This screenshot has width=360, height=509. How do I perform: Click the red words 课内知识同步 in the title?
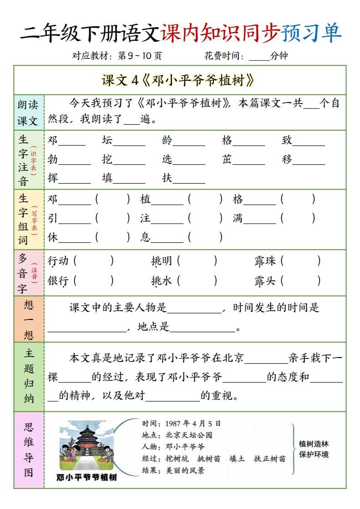coord(220,33)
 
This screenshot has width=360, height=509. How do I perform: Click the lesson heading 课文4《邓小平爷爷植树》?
coord(178,80)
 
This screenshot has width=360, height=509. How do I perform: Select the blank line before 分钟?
coord(259,56)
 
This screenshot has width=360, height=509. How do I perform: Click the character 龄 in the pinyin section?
coord(167,140)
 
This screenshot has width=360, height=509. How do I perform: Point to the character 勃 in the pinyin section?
coord(53,159)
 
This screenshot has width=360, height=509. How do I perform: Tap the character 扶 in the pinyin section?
coord(167,178)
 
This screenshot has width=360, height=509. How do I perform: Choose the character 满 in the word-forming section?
coord(238,218)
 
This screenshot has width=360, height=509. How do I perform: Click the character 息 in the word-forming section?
coord(145,237)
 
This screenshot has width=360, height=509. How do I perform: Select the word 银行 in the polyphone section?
coord(58,281)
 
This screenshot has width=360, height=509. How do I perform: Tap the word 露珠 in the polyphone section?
coord(265,261)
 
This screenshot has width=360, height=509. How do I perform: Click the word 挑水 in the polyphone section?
coord(162,281)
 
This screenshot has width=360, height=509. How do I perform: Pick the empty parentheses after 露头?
coord(301,281)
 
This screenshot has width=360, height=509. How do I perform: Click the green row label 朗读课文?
coord(28,113)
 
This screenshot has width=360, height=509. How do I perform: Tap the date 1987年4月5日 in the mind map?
coord(193,423)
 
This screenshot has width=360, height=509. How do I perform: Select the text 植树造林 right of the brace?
coord(314,444)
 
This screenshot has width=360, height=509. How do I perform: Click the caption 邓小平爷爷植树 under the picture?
coord(87,477)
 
